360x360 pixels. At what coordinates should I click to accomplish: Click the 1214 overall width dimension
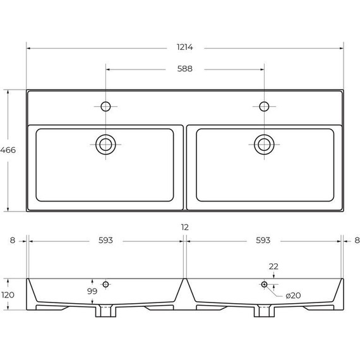click(185, 47)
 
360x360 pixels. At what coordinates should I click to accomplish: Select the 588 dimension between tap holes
click(185, 69)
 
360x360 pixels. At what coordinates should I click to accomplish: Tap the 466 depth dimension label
click(8, 150)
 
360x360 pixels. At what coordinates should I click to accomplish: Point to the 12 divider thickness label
click(185, 227)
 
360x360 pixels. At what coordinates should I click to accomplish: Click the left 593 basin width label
click(105, 241)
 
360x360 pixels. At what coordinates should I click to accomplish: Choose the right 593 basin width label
click(263, 241)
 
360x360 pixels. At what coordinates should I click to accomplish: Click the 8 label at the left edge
click(13, 241)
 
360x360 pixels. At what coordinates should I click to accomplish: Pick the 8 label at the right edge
click(357, 241)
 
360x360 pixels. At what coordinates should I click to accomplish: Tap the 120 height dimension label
click(8, 295)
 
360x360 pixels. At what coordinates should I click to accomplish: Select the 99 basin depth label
click(92, 291)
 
